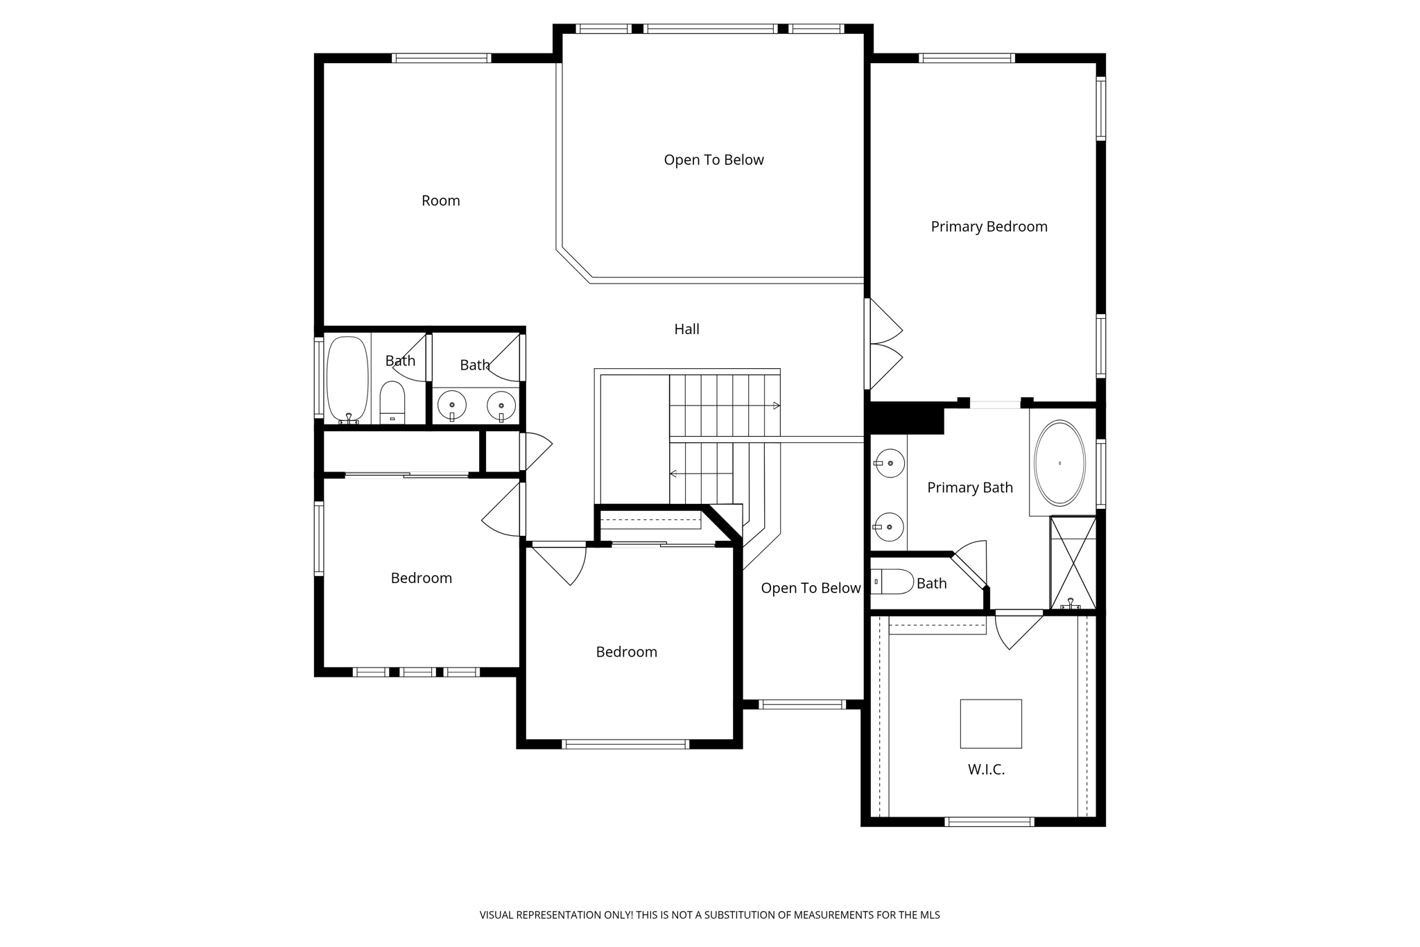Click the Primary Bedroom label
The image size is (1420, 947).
coord(989,227)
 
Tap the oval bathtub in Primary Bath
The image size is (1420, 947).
coord(1059,463)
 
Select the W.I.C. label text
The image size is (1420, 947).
coord(986,770)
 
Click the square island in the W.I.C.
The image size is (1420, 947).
coord(990,723)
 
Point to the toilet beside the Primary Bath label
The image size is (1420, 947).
coord(893,582)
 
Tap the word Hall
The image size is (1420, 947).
coord(686,329)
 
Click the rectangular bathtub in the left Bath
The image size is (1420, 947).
coord(347,379)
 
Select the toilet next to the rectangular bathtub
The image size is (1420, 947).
coord(392,402)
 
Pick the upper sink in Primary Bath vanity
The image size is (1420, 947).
coord(889,463)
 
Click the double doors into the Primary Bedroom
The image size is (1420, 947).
coord(884,344)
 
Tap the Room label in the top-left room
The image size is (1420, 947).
coord(440,201)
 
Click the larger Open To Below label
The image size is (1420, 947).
coord(713,160)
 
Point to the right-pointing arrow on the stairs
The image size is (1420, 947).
coord(777,406)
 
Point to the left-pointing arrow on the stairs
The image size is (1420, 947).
coord(673,474)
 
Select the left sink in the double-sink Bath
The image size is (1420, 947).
coord(452,405)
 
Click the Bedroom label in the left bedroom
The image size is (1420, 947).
coord(421,578)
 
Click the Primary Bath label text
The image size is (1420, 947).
coord(969,488)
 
